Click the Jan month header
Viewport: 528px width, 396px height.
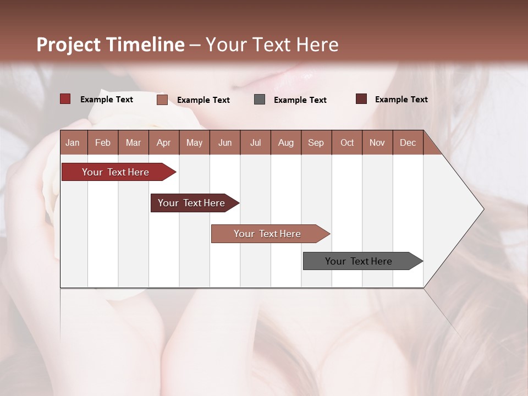(73, 142)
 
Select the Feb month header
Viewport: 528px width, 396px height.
(103, 142)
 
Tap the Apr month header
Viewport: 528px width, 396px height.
(163, 142)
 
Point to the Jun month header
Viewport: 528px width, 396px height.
(225, 142)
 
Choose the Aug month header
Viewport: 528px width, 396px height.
(285, 142)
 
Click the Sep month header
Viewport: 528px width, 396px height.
(316, 142)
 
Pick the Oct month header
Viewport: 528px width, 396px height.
(347, 142)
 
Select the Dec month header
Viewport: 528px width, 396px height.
(408, 142)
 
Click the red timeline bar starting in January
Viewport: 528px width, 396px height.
(116, 172)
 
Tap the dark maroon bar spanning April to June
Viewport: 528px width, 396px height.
(191, 203)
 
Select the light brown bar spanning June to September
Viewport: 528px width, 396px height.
(267, 234)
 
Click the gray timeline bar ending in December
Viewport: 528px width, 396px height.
(359, 261)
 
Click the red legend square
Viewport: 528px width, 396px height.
(65, 99)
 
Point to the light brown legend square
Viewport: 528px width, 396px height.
(162, 100)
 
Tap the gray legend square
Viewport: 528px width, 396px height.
(260, 100)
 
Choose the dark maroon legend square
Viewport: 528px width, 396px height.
(361, 99)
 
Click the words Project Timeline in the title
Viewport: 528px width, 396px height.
(110, 45)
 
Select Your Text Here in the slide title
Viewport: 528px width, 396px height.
(272, 45)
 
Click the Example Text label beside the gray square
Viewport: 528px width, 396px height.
(300, 100)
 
